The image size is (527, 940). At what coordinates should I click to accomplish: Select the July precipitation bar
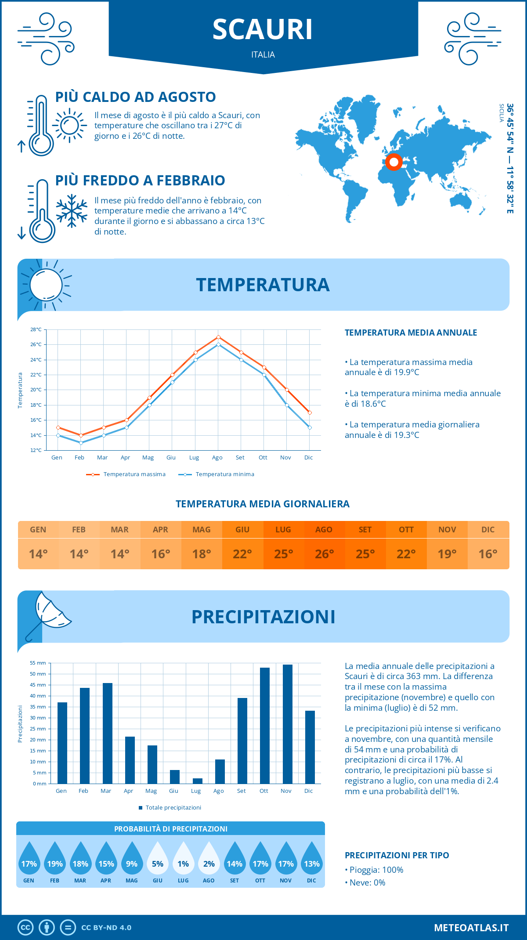[x=198, y=781]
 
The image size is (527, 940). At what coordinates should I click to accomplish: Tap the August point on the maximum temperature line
[x=218, y=337]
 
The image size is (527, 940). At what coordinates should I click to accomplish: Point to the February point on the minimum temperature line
[x=81, y=443]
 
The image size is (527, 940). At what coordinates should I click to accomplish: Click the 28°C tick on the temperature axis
[x=36, y=329]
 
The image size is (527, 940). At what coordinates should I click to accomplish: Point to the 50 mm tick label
[x=38, y=674]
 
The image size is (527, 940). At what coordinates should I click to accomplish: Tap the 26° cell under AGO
[x=324, y=554]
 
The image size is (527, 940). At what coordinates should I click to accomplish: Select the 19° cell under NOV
[x=447, y=554]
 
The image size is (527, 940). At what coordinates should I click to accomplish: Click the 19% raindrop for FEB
[x=55, y=861]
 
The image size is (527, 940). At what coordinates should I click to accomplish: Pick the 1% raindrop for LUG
[x=183, y=861]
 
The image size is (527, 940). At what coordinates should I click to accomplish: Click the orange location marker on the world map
[x=394, y=162]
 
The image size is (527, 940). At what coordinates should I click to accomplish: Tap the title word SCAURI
[x=263, y=29]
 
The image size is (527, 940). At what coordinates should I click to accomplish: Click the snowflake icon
[x=72, y=211]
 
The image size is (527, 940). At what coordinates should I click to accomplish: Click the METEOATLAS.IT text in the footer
[x=471, y=928]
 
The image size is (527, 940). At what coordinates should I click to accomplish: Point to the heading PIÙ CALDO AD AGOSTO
[x=136, y=97]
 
